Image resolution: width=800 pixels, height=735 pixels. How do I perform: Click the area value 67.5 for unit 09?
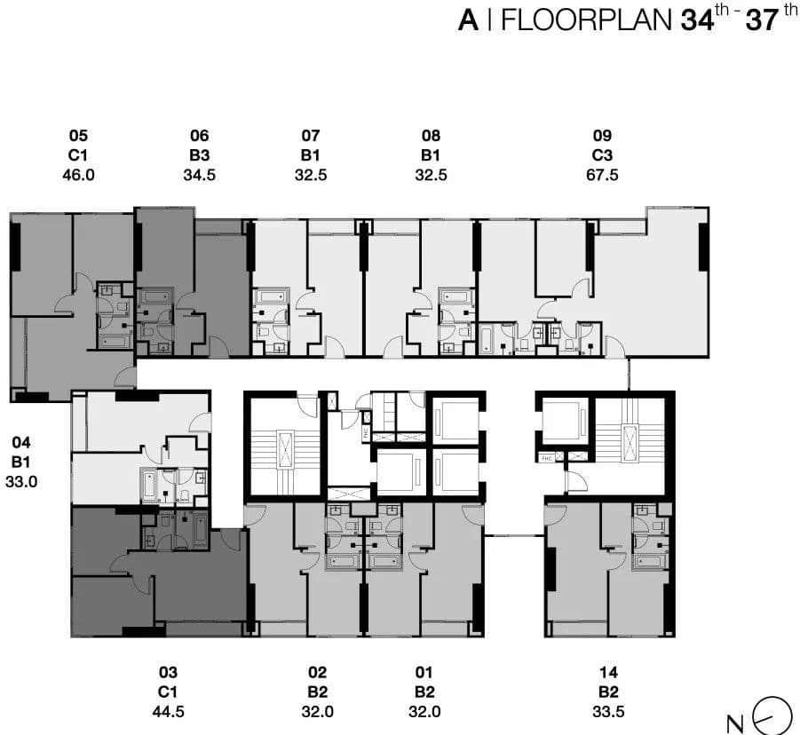pos(602,175)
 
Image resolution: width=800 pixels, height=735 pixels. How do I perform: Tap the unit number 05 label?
pos(78,136)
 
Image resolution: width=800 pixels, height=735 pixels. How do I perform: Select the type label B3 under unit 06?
pos(200,155)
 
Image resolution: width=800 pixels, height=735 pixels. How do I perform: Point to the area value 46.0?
pos(78,175)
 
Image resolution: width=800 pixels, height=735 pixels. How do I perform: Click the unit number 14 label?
pos(608,673)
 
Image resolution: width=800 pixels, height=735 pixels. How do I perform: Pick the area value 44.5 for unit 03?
pos(168,712)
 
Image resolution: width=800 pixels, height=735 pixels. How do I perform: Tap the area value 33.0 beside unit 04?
pos(21,481)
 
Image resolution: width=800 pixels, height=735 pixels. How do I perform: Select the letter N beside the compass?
pos(735,724)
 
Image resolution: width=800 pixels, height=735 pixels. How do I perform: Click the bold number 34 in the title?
pos(697,20)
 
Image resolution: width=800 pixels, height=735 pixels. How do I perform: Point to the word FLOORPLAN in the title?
pos(587,20)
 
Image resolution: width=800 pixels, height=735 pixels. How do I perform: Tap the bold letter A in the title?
pos(468,20)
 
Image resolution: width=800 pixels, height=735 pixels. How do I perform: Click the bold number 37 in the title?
pos(762,20)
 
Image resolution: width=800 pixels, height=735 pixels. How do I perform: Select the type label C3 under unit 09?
pos(602,155)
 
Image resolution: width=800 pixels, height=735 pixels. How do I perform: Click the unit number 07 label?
pos(311,136)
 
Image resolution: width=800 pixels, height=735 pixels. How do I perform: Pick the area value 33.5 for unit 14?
pos(608,712)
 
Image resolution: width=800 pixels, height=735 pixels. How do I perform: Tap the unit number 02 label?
pos(317,673)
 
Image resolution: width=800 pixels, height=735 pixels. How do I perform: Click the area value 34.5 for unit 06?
pos(200,175)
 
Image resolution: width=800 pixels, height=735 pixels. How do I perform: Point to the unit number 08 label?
pos(432,136)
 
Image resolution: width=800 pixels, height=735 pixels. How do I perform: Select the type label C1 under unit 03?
pos(168,692)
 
